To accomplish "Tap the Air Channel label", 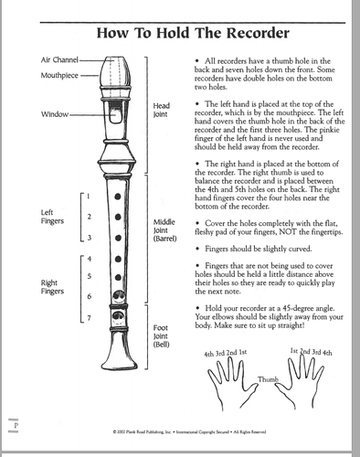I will tap(59, 58).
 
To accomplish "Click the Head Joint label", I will tap(161, 112).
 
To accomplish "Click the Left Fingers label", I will tap(52, 218).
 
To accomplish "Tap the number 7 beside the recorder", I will tap(89, 318).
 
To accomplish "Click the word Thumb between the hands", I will tap(266, 378).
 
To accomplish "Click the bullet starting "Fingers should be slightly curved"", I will tap(250, 248).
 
